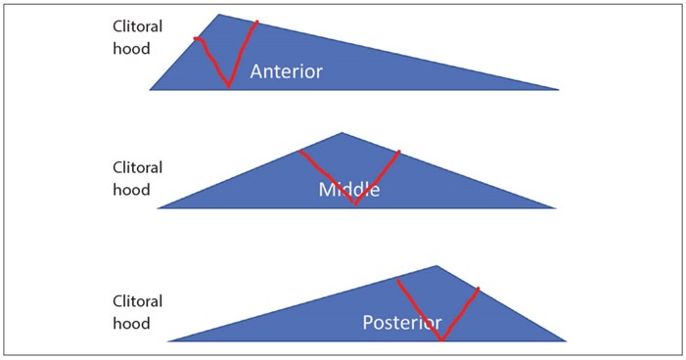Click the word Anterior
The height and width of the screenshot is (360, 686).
pyautogui.click(x=286, y=71)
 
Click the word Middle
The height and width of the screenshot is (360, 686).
pyautogui.click(x=348, y=189)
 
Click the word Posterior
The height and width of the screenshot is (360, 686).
pyautogui.click(x=402, y=322)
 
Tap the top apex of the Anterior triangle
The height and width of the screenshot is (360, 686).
pyautogui.click(x=219, y=15)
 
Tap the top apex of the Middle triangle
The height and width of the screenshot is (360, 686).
pyautogui.click(x=342, y=133)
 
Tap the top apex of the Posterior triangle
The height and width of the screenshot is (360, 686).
pyautogui.click(x=436, y=266)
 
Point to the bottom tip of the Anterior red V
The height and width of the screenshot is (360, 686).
pyautogui.click(x=229, y=86)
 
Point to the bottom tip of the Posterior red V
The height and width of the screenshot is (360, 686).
pyautogui.click(x=442, y=339)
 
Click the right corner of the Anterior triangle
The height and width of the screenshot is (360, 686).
pyautogui.click(x=558, y=89)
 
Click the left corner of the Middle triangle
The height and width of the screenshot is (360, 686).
pyautogui.click(x=159, y=207)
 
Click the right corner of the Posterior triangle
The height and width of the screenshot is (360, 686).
pyautogui.click(x=566, y=340)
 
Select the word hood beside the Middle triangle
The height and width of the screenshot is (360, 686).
pyautogui.click(x=131, y=189)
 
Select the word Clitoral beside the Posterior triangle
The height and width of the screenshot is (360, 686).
pyautogui.click(x=137, y=302)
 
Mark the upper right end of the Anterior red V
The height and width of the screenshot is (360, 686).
pyautogui.click(x=257, y=21)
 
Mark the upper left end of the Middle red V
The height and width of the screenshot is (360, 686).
pyautogui.click(x=299, y=151)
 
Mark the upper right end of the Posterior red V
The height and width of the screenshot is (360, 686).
pyautogui.click(x=479, y=289)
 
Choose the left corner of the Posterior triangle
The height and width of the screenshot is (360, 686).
pyautogui.click(x=169, y=340)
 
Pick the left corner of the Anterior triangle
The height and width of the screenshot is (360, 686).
pyautogui.click(x=151, y=89)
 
